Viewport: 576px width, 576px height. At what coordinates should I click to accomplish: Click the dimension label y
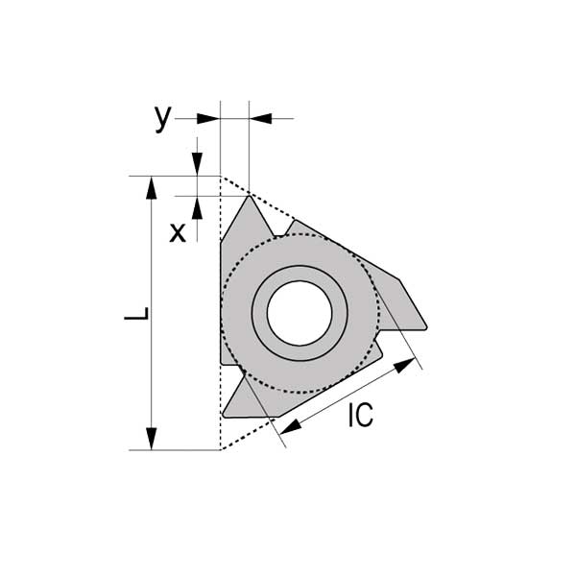point(163,118)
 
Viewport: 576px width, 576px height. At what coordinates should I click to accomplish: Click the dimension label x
point(178,232)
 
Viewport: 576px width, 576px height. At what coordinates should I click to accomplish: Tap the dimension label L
point(136,313)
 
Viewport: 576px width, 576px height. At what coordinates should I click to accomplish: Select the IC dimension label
point(361,415)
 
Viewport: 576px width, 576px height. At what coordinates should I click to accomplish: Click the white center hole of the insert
point(300,313)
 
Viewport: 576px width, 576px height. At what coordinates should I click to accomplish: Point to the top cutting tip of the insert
point(250,197)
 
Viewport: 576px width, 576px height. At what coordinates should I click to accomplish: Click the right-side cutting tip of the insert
point(425,327)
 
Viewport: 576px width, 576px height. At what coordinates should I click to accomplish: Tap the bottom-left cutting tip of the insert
point(224,416)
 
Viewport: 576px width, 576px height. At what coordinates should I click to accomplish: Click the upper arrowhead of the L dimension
point(151,188)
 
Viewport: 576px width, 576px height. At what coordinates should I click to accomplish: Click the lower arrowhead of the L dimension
point(151,439)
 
